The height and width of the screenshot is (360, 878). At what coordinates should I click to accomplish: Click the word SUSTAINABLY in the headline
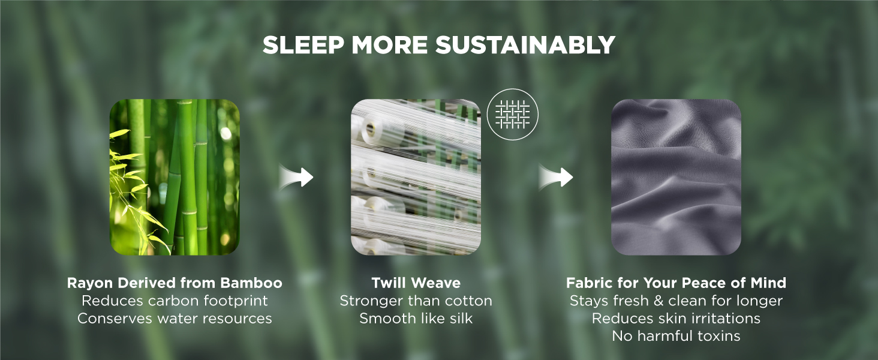[525, 45]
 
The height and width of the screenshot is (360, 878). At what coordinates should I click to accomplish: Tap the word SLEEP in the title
[303, 45]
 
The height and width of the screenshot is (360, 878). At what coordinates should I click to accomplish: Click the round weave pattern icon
[513, 115]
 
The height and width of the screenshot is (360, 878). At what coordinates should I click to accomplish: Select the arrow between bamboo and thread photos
[296, 177]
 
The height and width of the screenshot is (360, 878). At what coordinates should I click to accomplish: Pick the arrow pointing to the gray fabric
[556, 177]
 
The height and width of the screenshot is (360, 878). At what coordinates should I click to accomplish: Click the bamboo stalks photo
[175, 177]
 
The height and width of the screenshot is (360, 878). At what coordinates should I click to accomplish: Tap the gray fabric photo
[676, 177]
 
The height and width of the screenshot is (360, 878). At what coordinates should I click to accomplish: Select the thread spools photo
[416, 177]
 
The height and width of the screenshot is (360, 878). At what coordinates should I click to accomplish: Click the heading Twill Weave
[416, 283]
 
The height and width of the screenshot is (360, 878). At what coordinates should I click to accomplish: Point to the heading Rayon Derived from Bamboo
[175, 283]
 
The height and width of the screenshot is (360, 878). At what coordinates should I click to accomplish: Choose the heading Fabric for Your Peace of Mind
[676, 283]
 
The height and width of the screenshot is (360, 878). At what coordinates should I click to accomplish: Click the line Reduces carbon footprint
[175, 301]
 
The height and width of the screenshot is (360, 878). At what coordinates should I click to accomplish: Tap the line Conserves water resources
[175, 319]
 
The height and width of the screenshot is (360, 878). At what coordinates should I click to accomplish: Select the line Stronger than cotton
[416, 301]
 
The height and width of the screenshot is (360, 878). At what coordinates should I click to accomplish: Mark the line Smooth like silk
[416, 319]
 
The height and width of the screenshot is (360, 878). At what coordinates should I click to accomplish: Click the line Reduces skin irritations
[676, 319]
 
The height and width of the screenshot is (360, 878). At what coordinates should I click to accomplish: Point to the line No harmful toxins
[676, 336]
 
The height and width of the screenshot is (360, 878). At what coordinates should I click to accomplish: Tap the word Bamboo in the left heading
[251, 283]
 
